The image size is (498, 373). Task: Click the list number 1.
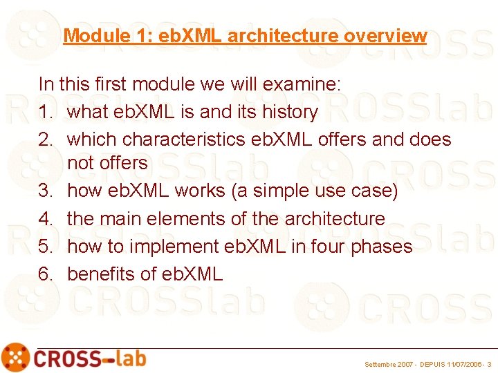tap(45, 112)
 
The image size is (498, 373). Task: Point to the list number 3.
tap(45, 191)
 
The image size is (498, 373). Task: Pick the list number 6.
tap(45, 274)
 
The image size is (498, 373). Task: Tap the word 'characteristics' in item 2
tap(196, 140)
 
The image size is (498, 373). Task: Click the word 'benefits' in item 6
tap(100, 274)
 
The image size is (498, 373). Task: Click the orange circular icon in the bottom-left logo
tap(15, 357)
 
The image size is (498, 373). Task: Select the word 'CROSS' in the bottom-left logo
tap(66, 358)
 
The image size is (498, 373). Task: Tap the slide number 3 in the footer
tap(490, 363)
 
